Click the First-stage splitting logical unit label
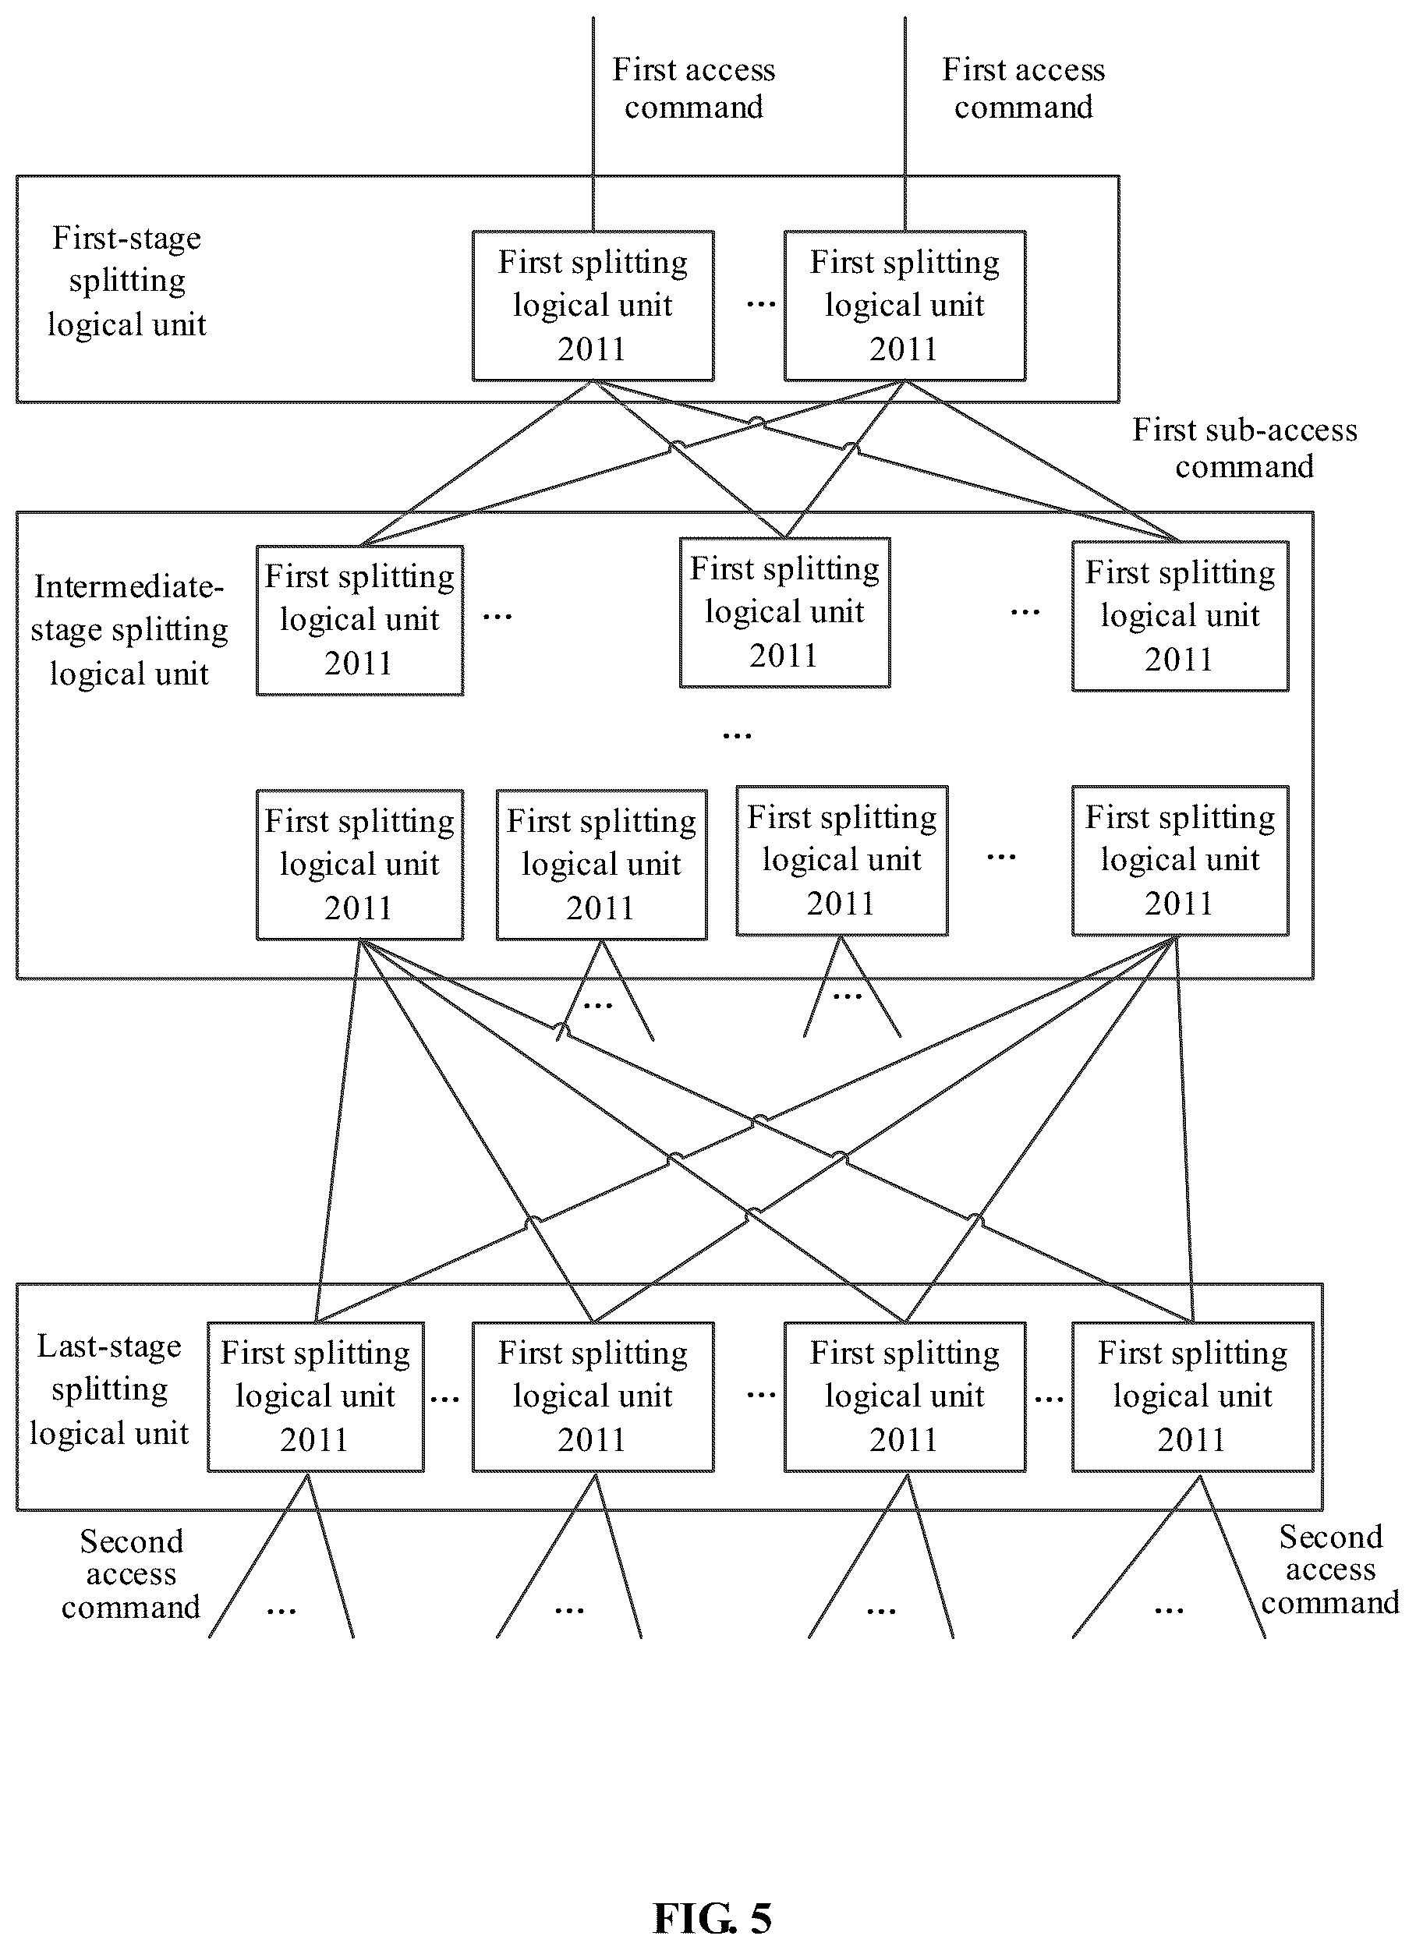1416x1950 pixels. click(x=126, y=281)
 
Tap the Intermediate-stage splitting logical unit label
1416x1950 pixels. click(x=129, y=629)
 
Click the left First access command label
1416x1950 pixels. click(x=694, y=87)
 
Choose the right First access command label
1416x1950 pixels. click(x=1023, y=87)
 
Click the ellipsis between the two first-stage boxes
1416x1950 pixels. click(x=761, y=304)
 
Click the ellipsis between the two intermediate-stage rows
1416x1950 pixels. click(x=737, y=736)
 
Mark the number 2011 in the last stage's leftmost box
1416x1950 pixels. click(x=313, y=1439)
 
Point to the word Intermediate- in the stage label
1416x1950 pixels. click(x=129, y=586)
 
